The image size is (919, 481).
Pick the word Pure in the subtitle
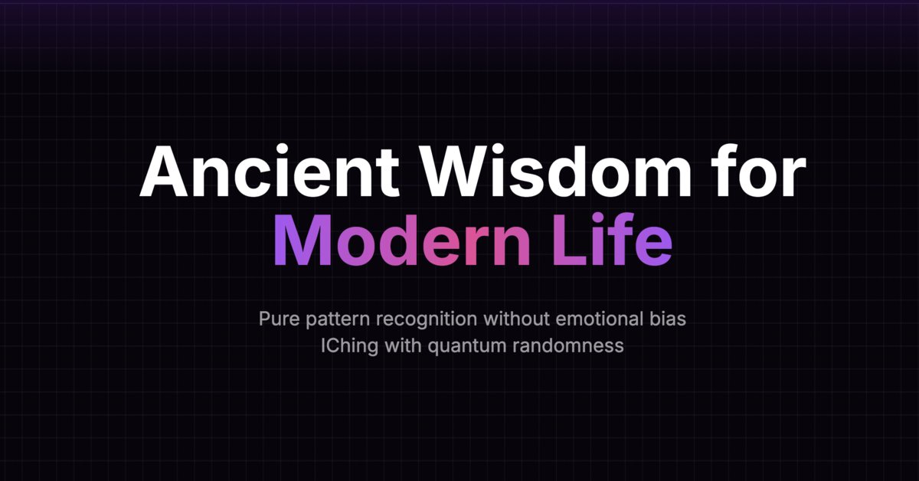(x=277, y=319)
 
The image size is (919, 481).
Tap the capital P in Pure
(x=264, y=319)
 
